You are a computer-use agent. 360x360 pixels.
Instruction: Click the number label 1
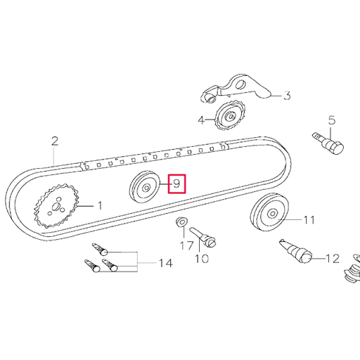[99, 206]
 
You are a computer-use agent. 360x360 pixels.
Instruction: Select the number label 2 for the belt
[54, 141]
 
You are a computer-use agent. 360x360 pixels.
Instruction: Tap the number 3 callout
[287, 96]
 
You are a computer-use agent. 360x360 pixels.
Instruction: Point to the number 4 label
[201, 120]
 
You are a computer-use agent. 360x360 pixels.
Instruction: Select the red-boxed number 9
[176, 184]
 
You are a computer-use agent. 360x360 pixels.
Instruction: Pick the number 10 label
[201, 259]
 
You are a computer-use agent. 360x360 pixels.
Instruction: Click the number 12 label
[333, 259]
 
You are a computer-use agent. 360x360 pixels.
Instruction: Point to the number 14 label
[165, 263]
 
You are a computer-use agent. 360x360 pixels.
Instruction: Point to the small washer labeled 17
[180, 224]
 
